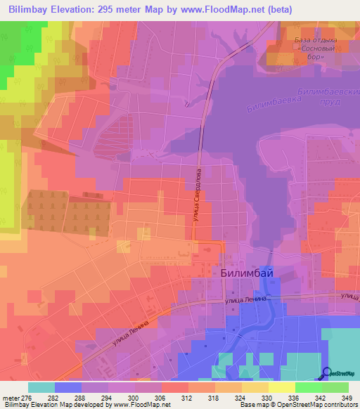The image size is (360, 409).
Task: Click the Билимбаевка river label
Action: (271, 104)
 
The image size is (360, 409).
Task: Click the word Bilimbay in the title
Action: (30, 10)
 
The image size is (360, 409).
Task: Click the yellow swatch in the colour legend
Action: (281, 387)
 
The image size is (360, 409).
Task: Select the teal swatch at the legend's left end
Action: (41, 387)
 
